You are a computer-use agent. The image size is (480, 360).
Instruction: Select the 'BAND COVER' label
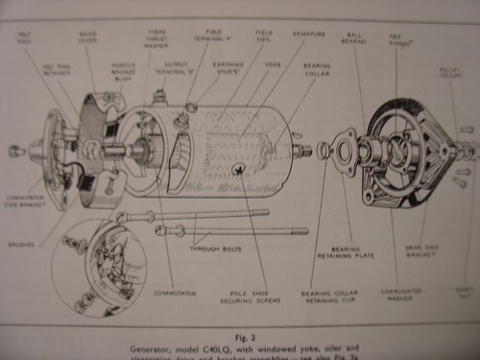87,37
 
